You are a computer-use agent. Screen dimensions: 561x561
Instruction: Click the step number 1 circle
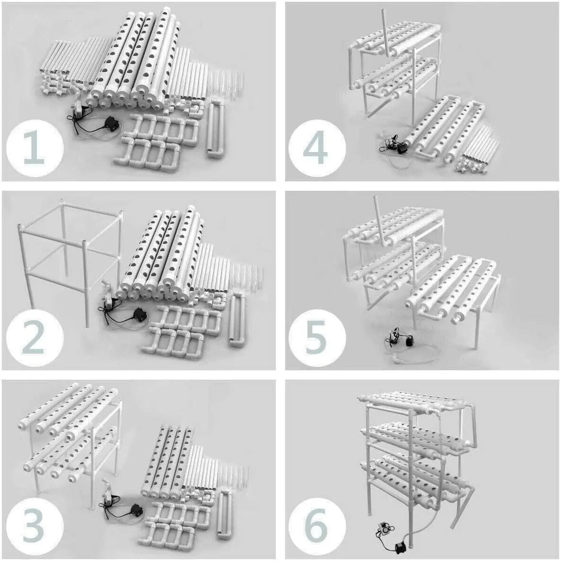click(x=34, y=148)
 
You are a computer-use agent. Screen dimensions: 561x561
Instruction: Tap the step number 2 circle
click(x=34, y=337)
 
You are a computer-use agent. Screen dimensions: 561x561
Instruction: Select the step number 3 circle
click(x=34, y=527)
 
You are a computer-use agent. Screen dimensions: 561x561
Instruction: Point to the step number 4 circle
click(x=317, y=148)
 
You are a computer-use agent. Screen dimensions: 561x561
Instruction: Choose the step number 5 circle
click(x=317, y=337)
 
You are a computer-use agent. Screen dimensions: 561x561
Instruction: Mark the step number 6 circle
click(x=317, y=527)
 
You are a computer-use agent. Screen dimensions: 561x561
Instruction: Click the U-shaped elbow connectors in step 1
click(x=156, y=141)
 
